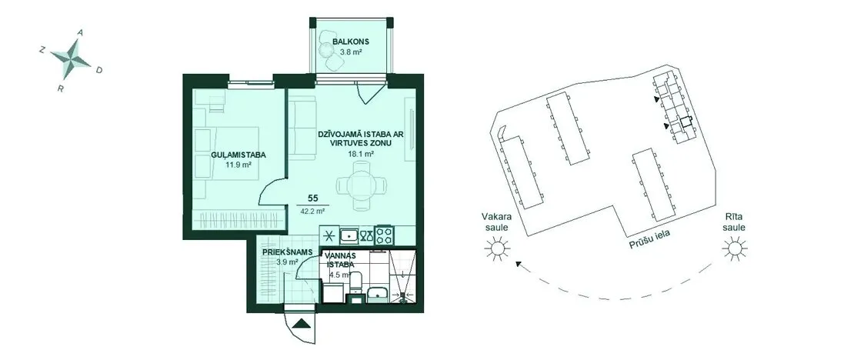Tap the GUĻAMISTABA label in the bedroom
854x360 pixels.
click(235, 155)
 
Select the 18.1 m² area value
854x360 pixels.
click(361, 154)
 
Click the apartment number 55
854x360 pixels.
click(312, 198)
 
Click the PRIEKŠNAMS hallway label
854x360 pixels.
click(287, 252)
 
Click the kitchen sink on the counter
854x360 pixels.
click(349, 236)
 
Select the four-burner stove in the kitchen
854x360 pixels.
click(384, 236)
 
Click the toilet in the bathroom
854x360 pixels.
click(356, 282)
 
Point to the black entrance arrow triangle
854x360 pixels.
click(301, 324)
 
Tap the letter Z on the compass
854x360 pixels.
click(42, 50)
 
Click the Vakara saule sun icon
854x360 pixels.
click(497, 249)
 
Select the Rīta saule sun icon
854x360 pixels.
click(734, 249)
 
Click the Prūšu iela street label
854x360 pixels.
click(649, 240)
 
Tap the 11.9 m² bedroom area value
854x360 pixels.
click(239, 163)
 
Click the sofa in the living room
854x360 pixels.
click(302, 128)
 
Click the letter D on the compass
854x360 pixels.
click(98, 70)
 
